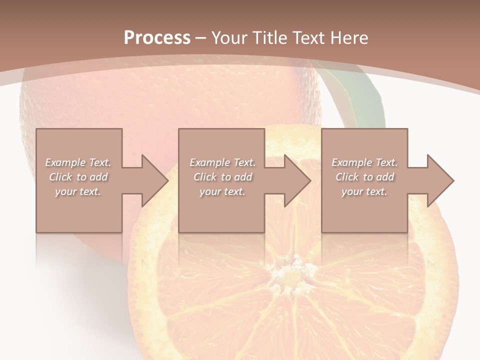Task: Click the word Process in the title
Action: tap(157, 38)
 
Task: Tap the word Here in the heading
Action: tap(348, 38)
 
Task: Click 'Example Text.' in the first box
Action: tap(78, 162)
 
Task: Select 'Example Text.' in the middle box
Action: tap(222, 162)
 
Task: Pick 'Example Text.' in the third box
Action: tap(364, 162)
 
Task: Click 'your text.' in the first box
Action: tap(78, 191)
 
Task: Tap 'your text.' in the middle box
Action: tap(222, 191)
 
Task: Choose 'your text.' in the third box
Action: tap(364, 191)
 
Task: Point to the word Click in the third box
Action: tap(347, 177)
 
